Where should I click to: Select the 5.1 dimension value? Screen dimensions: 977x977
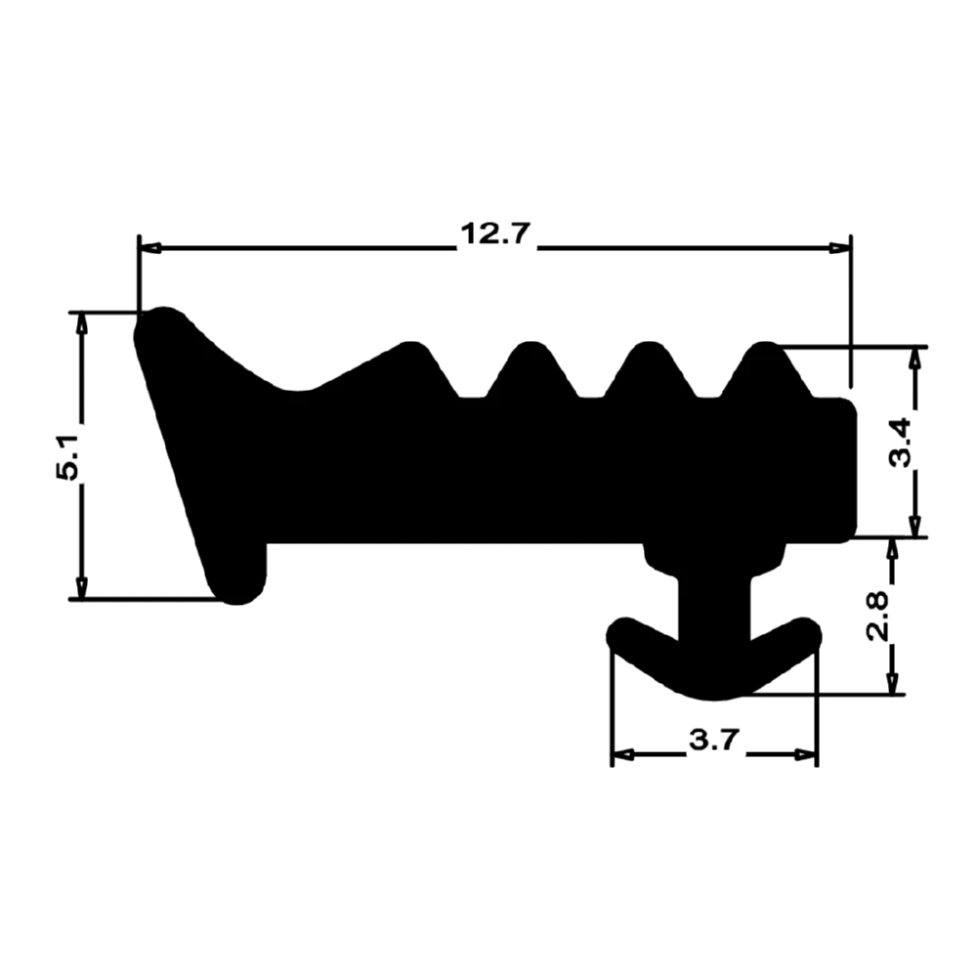(x=69, y=455)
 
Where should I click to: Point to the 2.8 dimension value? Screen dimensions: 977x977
(x=879, y=616)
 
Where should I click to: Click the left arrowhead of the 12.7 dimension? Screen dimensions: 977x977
(x=149, y=248)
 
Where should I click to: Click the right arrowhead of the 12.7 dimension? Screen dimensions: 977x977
(x=839, y=248)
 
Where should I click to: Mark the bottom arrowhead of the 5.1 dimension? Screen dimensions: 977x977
(x=82, y=587)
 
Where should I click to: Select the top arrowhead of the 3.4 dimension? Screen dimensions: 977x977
(x=914, y=357)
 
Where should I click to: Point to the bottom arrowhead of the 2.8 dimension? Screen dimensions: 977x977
(x=891, y=684)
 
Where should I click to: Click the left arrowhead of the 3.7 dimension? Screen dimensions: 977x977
(x=623, y=754)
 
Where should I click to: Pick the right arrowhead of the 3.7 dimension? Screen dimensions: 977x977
(x=805, y=754)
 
